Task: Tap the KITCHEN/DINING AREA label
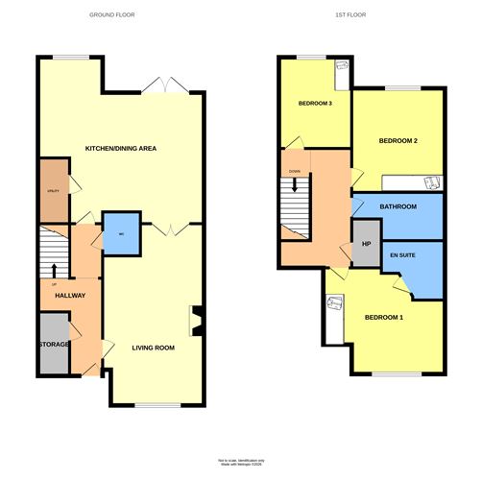pyautogui.click(x=121, y=149)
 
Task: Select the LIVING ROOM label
pyautogui.click(x=154, y=348)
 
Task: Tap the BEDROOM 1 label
pyautogui.click(x=384, y=318)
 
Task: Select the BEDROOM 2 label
pyautogui.click(x=398, y=141)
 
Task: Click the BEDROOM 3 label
pyautogui.click(x=315, y=104)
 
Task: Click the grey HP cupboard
pyautogui.click(x=365, y=243)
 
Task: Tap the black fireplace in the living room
pyautogui.click(x=197, y=322)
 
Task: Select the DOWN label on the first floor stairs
pyautogui.click(x=295, y=173)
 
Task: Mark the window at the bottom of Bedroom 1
pyautogui.click(x=396, y=373)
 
